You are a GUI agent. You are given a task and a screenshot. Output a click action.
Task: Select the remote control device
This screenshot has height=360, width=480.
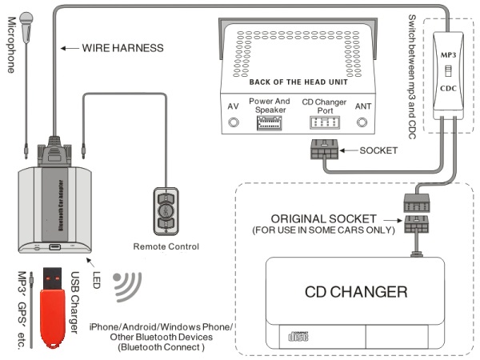[166, 210]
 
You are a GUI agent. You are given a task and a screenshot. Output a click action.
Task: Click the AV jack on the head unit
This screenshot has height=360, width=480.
[234, 123]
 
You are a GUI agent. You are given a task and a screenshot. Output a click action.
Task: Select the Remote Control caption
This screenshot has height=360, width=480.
[166, 246]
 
